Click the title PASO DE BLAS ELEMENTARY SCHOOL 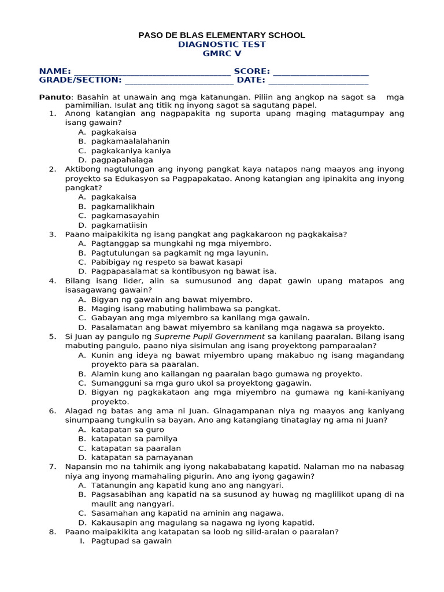point(221,35)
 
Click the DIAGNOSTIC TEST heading point(221,45)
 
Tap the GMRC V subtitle point(221,54)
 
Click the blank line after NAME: point(151,72)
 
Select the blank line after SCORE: point(320,72)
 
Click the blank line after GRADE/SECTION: point(179,81)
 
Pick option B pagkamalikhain point(123,206)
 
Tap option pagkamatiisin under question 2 point(119,225)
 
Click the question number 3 point(52,234)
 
